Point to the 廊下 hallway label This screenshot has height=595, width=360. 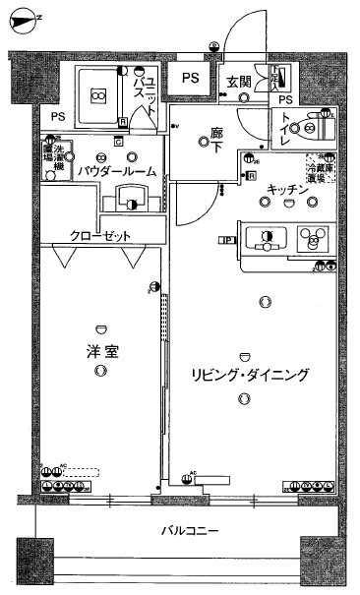[x=215, y=141]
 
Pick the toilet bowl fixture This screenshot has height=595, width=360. [x=317, y=126]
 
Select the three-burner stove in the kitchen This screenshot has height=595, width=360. [x=314, y=239]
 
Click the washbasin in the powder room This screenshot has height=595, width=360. [x=131, y=202]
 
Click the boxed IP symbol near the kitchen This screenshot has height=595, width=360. [x=226, y=238]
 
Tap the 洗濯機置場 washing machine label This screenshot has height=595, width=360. [x=49, y=160]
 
